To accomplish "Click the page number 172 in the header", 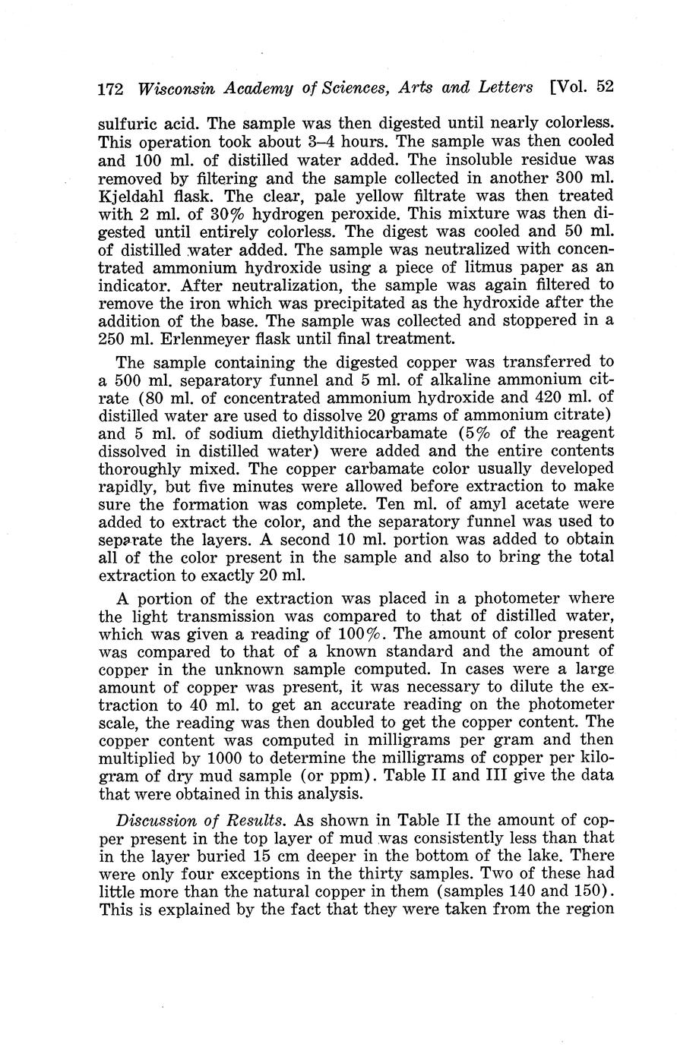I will pyautogui.click(x=112, y=88).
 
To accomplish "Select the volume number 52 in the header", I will pyautogui.click(x=605, y=87).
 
